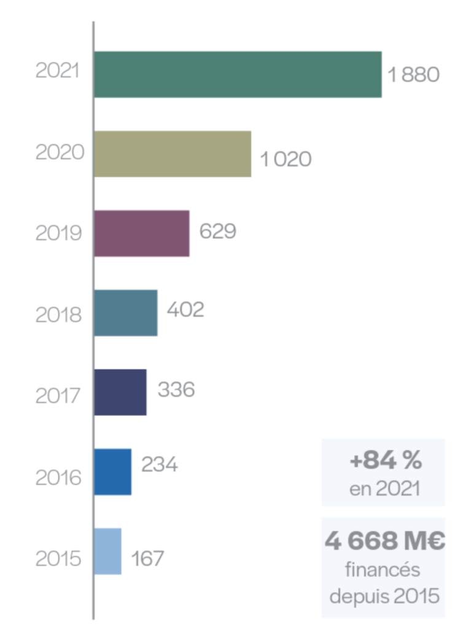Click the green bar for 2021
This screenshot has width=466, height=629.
(x=238, y=74)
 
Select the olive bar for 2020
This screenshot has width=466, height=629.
(x=173, y=154)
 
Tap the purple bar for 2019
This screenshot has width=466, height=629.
(x=142, y=233)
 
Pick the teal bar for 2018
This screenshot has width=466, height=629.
(x=126, y=313)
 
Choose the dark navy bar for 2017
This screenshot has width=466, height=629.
(x=120, y=392)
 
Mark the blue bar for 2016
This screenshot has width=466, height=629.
(x=113, y=472)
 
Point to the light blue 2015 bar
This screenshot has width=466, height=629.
(x=108, y=551)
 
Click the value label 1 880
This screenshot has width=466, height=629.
(x=413, y=75)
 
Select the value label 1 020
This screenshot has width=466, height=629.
(x=285, y=159)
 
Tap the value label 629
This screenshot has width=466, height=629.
(x=217, y=231)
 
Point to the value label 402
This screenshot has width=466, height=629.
(x=185, y=310)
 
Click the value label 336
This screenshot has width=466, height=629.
(x=176, y=389)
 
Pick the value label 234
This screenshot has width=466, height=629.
(x=160, y=464)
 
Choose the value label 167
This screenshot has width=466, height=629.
(x=147, y=558)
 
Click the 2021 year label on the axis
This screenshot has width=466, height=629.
(x=58, y=71)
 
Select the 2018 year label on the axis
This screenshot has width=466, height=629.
(x=58, y=314)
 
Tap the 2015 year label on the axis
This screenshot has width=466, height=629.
(x=58, y=559)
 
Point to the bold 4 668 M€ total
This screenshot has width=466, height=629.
(x=384, y=542)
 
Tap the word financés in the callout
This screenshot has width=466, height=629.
(x=383, y=569)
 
